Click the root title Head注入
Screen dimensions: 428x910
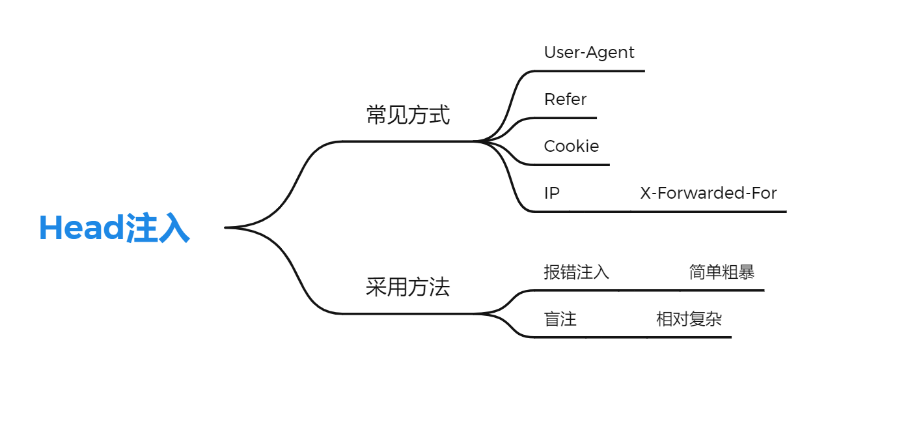click(x=115, y=228)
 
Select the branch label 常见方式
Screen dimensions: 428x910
click(x=407, y=115)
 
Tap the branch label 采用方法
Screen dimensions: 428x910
click(x=407, y=287)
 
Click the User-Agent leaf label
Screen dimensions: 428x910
click(x=589, y=52)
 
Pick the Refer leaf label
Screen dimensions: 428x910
click(x=565, y=99)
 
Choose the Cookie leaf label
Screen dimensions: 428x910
click(x=572, y=146)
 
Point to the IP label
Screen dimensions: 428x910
click(x=551, y=193)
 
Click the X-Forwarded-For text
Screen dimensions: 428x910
click(x=708, y=193)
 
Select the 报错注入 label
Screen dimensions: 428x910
click(x=577, y=272)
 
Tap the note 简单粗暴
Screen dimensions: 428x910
click(x=722, y=272)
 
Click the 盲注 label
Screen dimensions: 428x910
click(x=560, y=319)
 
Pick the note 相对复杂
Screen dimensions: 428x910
click(x=689, y=319)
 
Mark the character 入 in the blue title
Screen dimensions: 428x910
click(x=174, y=228)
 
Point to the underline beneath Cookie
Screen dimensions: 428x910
click(x=573, y=165)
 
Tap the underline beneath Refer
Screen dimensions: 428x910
click(x=566, y=118)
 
